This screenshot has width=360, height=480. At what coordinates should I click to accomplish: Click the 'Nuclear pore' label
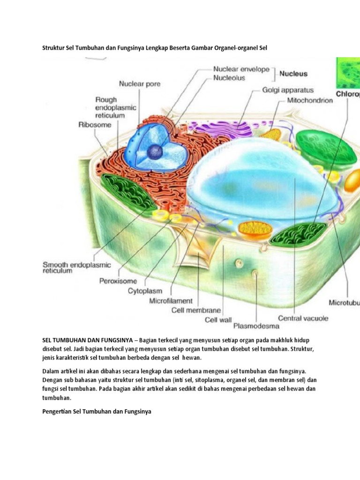coord(140,84)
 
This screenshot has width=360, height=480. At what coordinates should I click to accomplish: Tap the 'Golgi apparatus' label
coord(288,90)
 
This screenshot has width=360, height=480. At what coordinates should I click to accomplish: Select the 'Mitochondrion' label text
coord(310,100)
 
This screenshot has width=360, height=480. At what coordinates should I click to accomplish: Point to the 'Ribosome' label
coord(95,125)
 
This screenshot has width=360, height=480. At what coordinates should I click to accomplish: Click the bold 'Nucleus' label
coord(293,74)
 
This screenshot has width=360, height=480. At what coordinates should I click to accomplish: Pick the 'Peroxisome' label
coord(118,281)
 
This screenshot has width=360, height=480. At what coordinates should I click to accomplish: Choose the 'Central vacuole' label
coord(303,318)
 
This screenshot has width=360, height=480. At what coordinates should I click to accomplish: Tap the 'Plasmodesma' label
coord(256,326)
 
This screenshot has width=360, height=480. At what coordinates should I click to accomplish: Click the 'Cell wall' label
coord(218,320)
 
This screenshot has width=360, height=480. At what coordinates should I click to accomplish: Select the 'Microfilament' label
coord(171,301)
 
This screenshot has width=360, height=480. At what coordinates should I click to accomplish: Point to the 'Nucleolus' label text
coord(229,78)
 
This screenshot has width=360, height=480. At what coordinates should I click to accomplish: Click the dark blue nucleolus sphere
coord(155,151)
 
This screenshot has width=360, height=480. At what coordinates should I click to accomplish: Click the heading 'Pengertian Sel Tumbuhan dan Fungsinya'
coord(97,412)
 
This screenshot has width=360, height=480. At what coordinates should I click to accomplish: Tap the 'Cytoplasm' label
coord(145,291)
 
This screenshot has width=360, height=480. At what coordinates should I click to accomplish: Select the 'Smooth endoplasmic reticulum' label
coord(76,268)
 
